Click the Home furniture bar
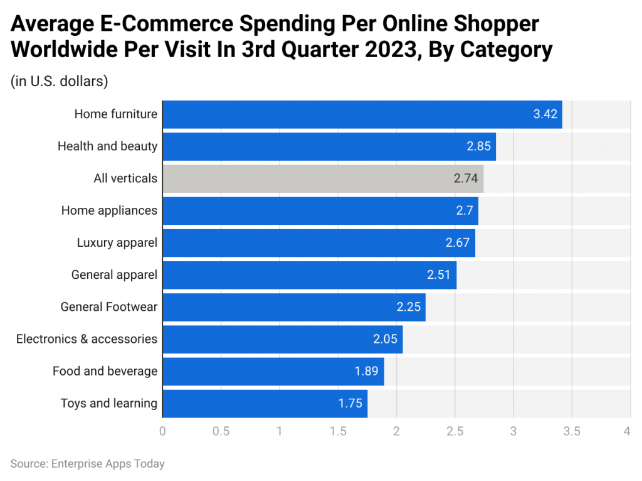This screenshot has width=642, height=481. (362, 114)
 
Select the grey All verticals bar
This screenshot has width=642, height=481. (322, 178)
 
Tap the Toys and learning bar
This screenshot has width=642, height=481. (265, 403)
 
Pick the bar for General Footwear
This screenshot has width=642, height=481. (293, 307)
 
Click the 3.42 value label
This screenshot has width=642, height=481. (545, 114)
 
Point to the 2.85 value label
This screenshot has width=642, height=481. (479, 146)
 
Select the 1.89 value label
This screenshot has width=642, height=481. (366, 371)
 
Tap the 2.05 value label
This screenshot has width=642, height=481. (385, 339)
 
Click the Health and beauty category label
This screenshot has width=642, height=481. (107, 146)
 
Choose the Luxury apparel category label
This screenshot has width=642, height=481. (117, 242)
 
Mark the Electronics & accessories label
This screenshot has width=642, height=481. (87, 339)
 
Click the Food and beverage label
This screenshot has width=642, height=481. (105, 371)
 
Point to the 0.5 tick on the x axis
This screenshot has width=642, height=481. (221, 431)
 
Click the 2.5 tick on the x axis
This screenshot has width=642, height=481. (455, 431)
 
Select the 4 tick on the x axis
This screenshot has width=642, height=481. (626, 431)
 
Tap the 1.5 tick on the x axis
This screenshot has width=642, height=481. (338, 431)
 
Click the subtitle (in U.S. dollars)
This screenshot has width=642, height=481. (60, 81)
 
